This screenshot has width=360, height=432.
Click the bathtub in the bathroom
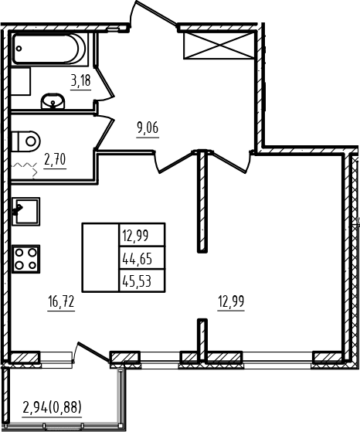click(x=49, y=49)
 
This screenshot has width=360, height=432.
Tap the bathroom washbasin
click(x=53, y=101)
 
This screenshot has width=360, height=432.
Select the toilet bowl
click(x=26, y=141)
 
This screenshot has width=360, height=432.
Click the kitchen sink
click(x=25, y=212)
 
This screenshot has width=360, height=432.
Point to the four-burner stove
click(x=25, y=259)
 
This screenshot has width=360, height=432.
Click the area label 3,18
click(x=80, y=82)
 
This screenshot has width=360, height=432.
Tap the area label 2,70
click(x=55, y=160)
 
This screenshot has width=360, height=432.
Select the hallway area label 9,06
click(x=148, y=128)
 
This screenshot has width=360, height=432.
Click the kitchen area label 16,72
click(x=61, y=301)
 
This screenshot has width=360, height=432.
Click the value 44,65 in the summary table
click(x=138, y=259)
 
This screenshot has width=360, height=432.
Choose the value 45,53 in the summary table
click(x=137, y=281)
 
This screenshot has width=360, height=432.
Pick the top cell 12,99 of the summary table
click(x=135, y=236)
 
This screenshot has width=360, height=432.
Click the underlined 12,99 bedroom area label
click(x=231, y=301)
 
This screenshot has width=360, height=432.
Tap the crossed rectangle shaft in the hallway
click(x=219, y=46)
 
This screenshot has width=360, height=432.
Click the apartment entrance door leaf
click(x=155, y=13)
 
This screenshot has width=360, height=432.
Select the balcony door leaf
click(x=93, y=352)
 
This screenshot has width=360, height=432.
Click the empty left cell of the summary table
click(x=100, y=257)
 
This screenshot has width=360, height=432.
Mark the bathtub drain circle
click(x=19, y=49)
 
